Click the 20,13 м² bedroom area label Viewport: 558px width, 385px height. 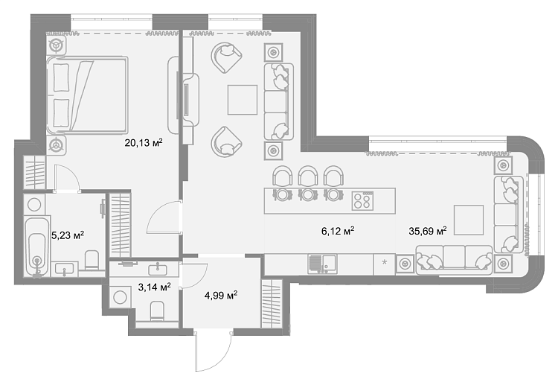tap(144, 143)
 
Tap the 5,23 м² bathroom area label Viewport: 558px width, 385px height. tap(68, 235)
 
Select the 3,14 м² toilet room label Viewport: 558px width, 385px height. tap(154, 287)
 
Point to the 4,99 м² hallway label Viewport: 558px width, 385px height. tap(221, 295)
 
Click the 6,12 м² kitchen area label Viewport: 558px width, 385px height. tap(338, 231)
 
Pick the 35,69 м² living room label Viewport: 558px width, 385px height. tap(428, 231)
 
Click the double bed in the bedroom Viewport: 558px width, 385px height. tap(87, 95)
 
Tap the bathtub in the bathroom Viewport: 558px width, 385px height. tap(37, 246)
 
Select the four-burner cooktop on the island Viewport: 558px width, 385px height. tap(362, 200)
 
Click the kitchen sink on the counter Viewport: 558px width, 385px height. tap(322, 264)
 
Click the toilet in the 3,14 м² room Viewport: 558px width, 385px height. tap(157, 311)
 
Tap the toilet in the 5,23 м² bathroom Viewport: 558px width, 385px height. tap(92, 260)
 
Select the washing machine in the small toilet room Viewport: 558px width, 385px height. tap(121, 296)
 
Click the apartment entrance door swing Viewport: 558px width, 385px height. tap(214, 351)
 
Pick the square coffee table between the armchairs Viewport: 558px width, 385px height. tap(243, 100)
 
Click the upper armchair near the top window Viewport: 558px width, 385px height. tap(226, 57)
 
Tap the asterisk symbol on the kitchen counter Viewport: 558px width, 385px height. tap(385, 263)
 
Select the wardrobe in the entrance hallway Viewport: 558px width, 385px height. tap(272, 304)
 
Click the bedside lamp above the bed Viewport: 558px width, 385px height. tap(56, 45)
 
